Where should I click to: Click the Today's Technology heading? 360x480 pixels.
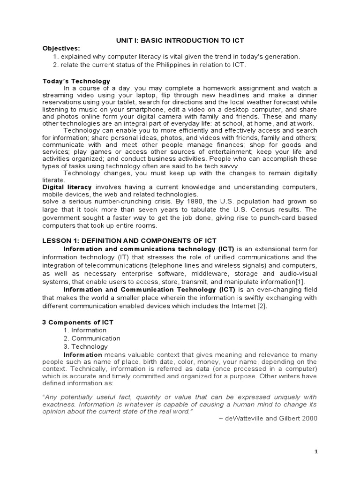(x=76, y=81)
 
